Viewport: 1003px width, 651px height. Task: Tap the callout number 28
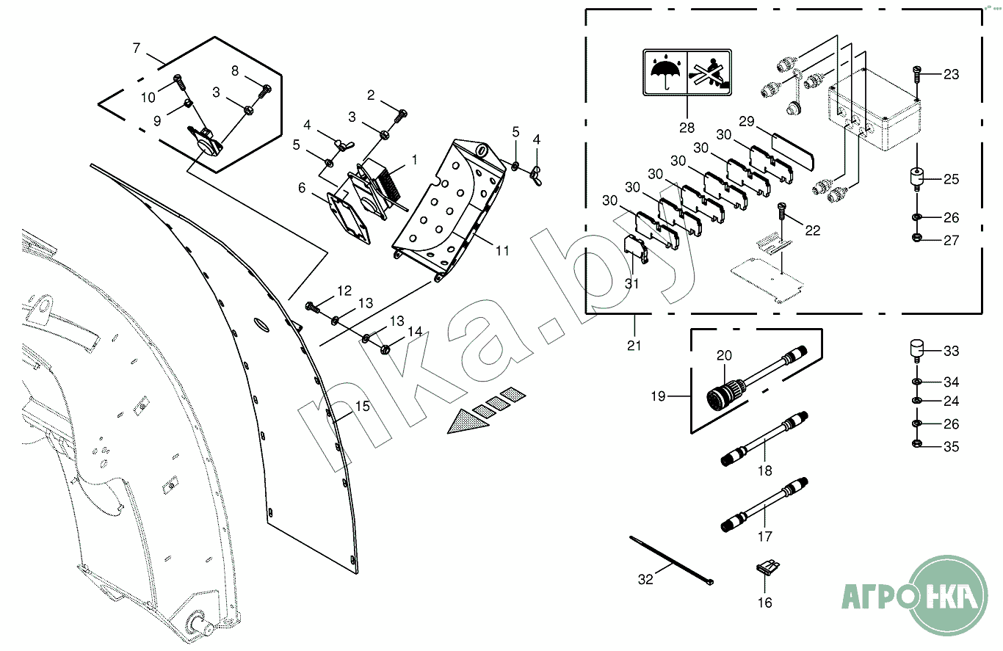tap(687, 127)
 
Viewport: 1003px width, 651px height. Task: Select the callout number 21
tap(634, 345)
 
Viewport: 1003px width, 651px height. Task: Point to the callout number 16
tap(765, 603)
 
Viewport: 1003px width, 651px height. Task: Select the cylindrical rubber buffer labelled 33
tap(917, 349)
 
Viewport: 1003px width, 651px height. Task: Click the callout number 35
tap(951, 447)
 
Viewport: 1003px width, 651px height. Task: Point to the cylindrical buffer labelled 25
tap(917, 178)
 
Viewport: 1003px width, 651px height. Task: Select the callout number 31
tap(632, 283)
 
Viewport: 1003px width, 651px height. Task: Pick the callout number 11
tap(502, 251)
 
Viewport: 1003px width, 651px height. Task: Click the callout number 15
tap(363, 406)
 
